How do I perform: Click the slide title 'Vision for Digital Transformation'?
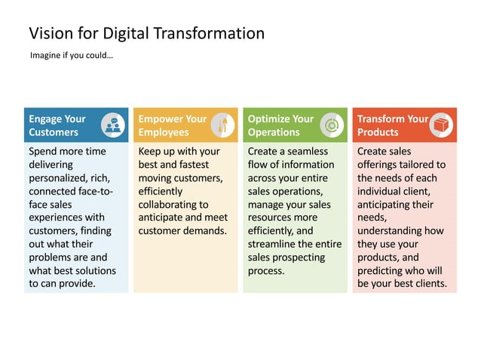(146, 34)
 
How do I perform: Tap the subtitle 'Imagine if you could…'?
(72, 55)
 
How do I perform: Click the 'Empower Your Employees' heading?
(172, 125)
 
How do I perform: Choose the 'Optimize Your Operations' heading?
(280, 125)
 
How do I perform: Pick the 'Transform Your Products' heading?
(392, 125)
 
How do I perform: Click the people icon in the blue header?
(113, 124)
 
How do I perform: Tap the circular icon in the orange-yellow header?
(222, 124)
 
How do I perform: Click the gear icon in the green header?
(331, 124)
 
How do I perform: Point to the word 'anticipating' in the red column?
(385, 204)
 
